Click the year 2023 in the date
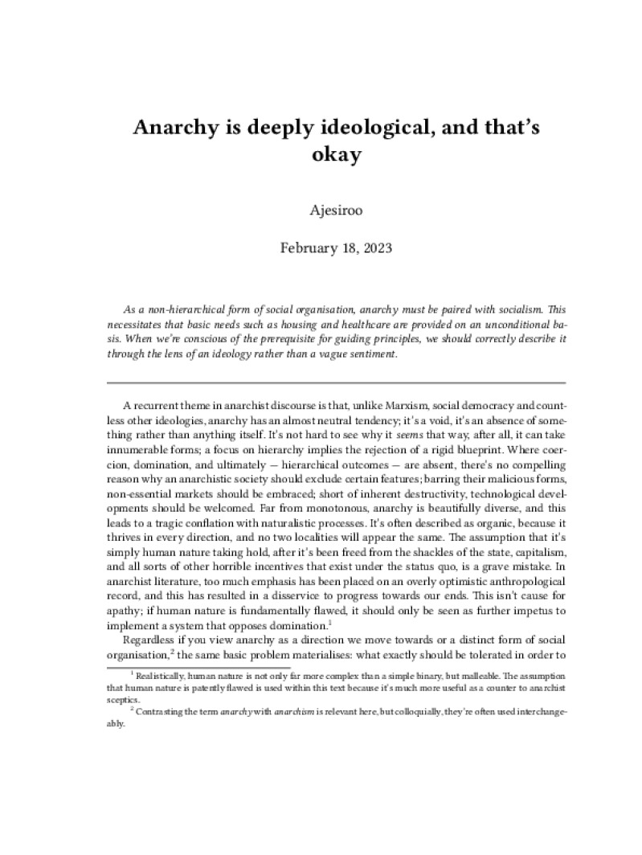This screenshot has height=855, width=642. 374,247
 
